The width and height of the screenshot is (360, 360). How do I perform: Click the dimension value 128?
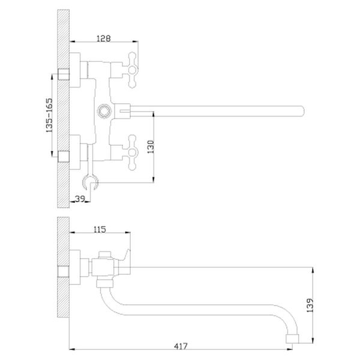coord(103,38)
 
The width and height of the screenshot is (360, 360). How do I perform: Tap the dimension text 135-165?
coord(49,115)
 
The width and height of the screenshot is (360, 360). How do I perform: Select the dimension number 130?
coord(151,147)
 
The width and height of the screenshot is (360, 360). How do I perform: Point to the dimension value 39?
coord(80,199)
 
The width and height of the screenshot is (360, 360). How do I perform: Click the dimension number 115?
coord(100,229)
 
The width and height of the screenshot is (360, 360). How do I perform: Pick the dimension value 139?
coord(310,305)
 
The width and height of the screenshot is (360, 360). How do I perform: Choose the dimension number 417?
coord(181,346)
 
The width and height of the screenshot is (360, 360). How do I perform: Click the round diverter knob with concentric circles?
coord(104,111)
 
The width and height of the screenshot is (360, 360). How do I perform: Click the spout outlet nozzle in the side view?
coord(292,339)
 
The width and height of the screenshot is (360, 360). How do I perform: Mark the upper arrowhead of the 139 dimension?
coord(313,271)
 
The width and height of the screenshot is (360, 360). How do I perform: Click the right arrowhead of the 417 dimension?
coord(289,349)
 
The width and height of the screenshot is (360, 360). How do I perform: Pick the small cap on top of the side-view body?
coord(104,255)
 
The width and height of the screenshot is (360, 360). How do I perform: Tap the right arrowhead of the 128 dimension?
coord(135,41)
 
